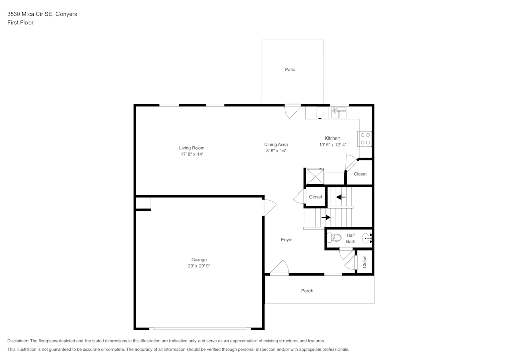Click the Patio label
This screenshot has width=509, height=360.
pos(290,69)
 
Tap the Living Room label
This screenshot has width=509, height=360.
pos(191,148)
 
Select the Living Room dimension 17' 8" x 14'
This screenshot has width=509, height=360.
pos(191,154)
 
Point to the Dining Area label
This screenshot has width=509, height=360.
pos(276,144)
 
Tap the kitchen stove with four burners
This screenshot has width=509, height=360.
pos(365,139)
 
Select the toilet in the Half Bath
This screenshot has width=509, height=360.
pos(334,237)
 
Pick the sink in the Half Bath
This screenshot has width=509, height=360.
pos(367,237)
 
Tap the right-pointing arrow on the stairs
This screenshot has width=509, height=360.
pos(326,217)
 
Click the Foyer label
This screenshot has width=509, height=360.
pos(287,240)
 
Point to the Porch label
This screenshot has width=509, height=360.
pos(307,291)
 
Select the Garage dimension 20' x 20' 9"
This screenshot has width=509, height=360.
pos(199,266)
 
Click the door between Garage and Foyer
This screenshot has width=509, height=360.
pos(268,208)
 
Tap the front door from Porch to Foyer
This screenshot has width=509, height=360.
pos(279,268)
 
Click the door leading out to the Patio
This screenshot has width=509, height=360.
pos(293,111)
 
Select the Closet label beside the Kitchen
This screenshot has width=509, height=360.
pos(360,174)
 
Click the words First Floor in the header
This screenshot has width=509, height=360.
pos(20,23)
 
